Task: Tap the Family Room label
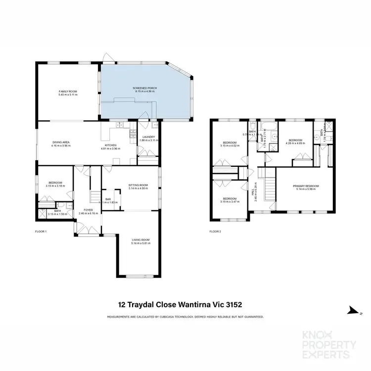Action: tap(68, 92)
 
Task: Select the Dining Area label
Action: tap(61, 142)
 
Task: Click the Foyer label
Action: tap(89, 210)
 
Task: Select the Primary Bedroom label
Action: tap(306, 185)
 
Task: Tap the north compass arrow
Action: tap(352, 310)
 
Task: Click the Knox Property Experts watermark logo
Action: tap(327, 344)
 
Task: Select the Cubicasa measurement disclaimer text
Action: tap(185, 317)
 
